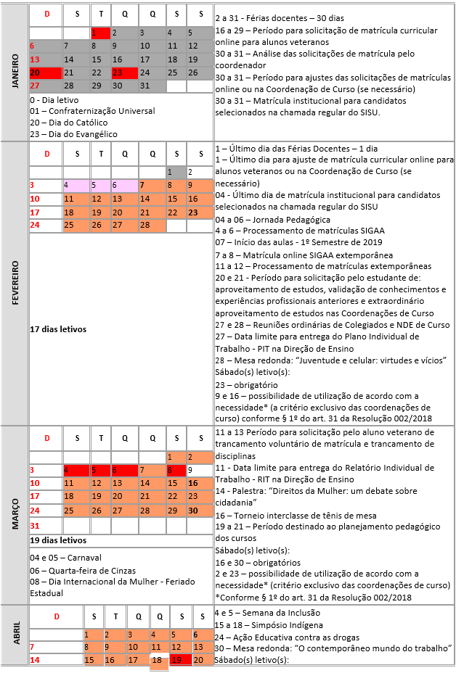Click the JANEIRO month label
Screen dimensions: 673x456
[16, 71]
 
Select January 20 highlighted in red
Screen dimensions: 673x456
[46, 73]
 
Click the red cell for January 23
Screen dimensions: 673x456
[123, 73]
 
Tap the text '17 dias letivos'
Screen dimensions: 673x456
[58, 329]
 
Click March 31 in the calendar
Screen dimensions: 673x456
[35, 525]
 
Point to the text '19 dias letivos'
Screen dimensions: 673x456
[58, 540]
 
